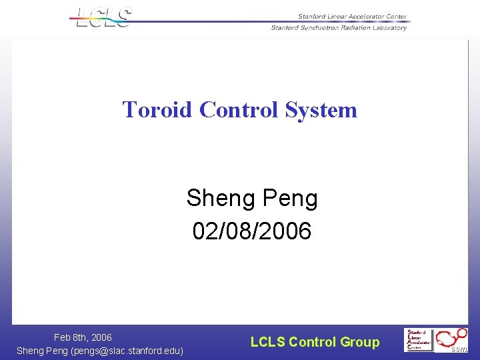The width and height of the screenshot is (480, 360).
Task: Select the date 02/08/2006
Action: click(x=251, y=231)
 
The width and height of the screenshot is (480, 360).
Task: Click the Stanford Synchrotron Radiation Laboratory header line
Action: click(x=338, y=27)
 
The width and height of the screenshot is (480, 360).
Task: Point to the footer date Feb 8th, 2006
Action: click(x=83, y=337)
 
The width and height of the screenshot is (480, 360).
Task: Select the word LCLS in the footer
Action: click(x=267, y=342)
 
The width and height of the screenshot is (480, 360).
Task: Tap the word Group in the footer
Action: click(x=359, y=342)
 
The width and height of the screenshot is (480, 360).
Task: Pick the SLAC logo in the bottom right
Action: click(x=419, y=340)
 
